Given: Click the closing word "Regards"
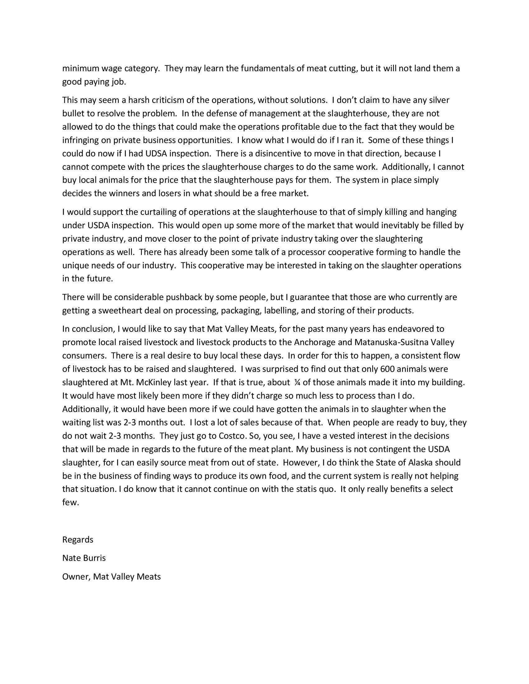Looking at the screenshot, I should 78,540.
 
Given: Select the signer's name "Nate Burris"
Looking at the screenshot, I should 84,558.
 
